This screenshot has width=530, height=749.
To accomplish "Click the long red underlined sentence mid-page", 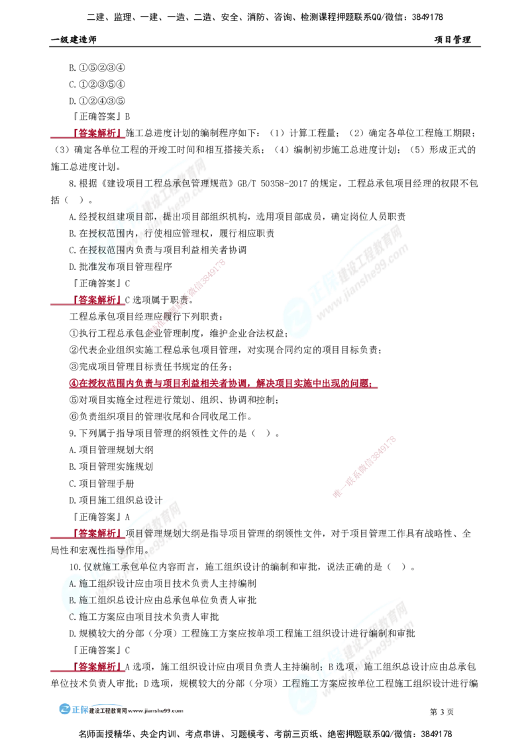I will click(222, 383).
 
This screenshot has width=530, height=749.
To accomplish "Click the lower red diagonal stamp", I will click(364, 466).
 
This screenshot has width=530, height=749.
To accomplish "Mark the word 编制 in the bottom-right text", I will click(381, 634).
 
